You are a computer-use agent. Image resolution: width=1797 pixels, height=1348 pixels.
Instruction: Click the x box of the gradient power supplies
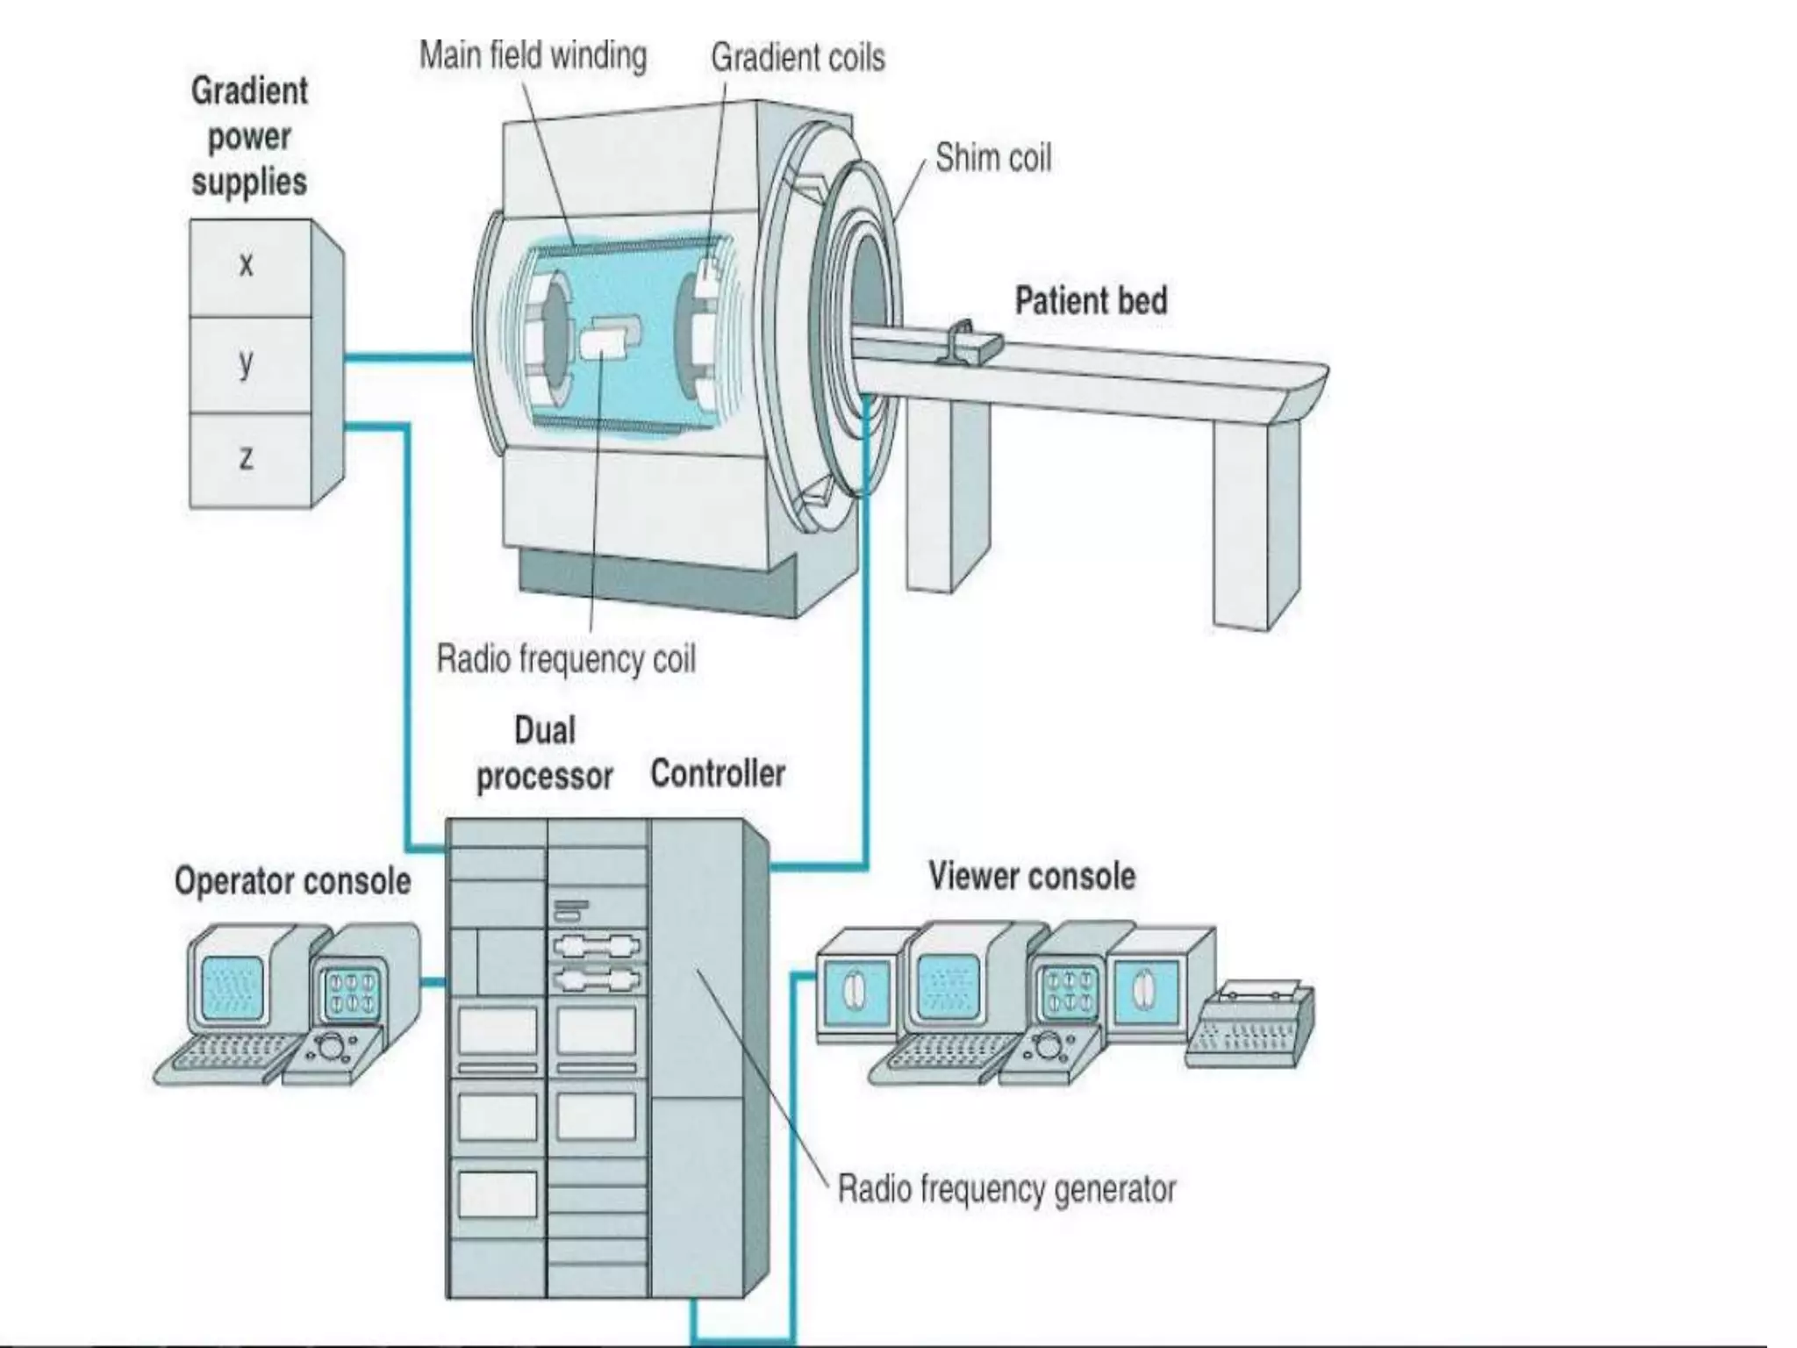coord(249,267)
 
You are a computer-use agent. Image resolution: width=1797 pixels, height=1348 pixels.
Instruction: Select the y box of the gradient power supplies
coord(249,363)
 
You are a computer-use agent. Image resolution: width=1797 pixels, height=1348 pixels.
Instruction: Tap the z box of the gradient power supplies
coord(249,459)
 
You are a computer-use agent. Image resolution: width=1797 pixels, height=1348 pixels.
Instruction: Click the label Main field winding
coord(533,56)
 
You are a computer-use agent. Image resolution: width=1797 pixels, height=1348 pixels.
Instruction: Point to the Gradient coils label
coord(797,58)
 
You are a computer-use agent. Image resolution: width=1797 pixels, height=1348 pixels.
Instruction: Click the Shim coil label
coord(992,159)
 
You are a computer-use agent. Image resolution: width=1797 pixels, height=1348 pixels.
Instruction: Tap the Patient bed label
coord(1091,301)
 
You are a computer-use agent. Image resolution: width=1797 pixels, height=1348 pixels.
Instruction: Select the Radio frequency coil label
coord(566,659)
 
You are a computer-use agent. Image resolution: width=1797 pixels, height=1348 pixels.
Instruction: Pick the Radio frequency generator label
coord(1006,1189)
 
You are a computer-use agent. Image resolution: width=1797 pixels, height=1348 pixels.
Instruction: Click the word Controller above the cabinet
coord(717,774)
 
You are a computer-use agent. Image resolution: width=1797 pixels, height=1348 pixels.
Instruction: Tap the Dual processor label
coord(544,754)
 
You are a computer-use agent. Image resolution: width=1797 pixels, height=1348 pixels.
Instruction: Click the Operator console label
coord(292,881)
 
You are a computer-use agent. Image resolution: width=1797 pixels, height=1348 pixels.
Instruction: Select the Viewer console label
coord(1032,876)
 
